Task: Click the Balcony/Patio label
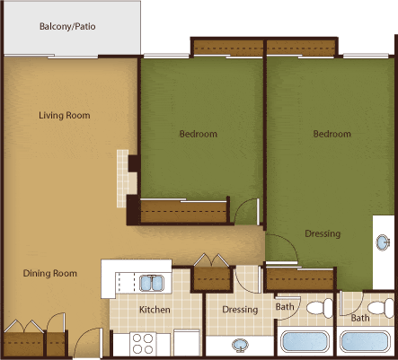67,27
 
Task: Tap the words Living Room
64,115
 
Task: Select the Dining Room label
49,273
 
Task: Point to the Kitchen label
155,310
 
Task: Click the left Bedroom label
198,134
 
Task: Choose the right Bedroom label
332,134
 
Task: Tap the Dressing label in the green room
322,234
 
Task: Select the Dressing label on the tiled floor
240,310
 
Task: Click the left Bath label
285,308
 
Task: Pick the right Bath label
359,318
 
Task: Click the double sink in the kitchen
150,284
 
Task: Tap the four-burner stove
144,343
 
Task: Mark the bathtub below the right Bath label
367,342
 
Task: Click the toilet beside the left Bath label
314,309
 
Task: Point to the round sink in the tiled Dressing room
241,344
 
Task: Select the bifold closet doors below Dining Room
22,327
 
